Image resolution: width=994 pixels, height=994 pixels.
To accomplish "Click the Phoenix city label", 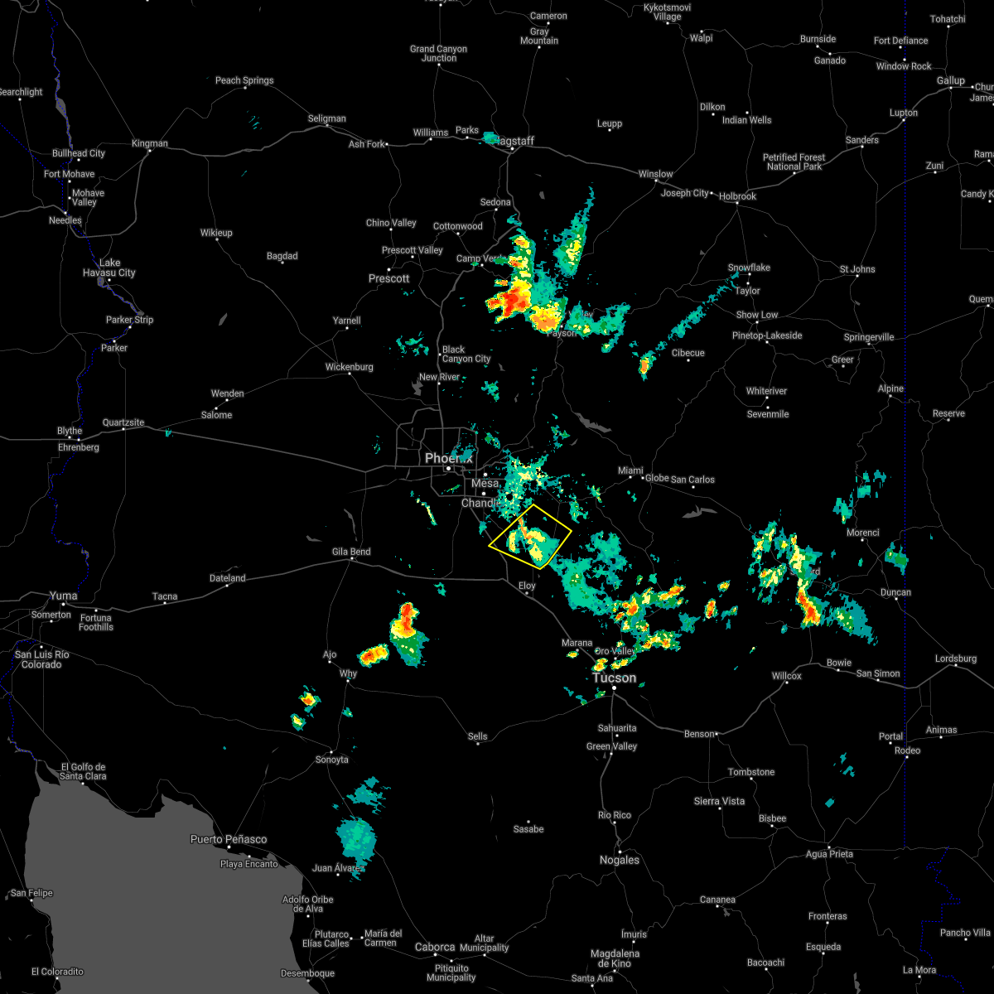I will (x=448, y=458).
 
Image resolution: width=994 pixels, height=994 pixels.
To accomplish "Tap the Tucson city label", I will (x=614, y=678).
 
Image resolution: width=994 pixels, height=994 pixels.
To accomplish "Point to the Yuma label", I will (x=64, y=596).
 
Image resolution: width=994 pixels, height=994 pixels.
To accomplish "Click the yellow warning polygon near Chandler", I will (x=530, y=535).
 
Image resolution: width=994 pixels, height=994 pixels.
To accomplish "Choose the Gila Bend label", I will (x=350, y=552).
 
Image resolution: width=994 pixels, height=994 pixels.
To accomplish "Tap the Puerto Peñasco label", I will (x=229, y=839).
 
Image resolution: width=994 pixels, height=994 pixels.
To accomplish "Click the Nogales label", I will (x=620, y=860).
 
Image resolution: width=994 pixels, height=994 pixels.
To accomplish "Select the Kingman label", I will (x=149, y=143).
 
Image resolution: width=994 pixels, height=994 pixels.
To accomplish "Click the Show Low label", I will (x=757, y=315).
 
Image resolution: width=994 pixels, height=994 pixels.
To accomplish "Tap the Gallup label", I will (x=951, y=80).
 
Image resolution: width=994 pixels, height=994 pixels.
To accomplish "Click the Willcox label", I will (x=786, y=676).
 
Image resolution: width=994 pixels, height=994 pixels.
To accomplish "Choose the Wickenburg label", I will (x=349, y=366).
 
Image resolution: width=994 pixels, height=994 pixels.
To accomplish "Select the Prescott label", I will (x=389, y=278).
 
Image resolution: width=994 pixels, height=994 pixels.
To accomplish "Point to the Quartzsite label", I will (x=123, y=422).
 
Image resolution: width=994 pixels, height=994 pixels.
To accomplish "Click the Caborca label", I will (x=435, y=947).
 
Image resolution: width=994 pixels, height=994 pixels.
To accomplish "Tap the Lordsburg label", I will (x=956, y=659).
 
